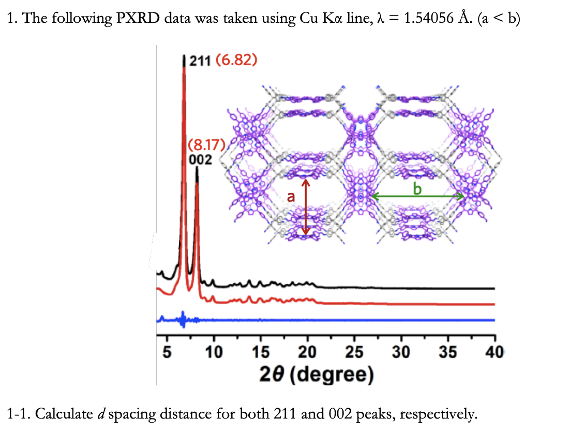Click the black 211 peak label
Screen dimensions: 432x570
(199, 61)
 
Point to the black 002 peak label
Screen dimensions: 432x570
(201, 159)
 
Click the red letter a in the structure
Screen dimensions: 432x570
(291, 196)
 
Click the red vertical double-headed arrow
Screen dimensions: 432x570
(305, 207)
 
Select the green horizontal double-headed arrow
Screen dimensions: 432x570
(417, 196)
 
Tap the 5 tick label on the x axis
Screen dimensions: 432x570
(167, 352)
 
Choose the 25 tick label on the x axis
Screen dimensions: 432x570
(354, 352)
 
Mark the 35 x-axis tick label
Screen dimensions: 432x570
(448, 352)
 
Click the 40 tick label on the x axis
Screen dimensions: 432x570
(493, 352)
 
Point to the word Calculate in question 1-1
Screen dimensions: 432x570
(62, 414)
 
